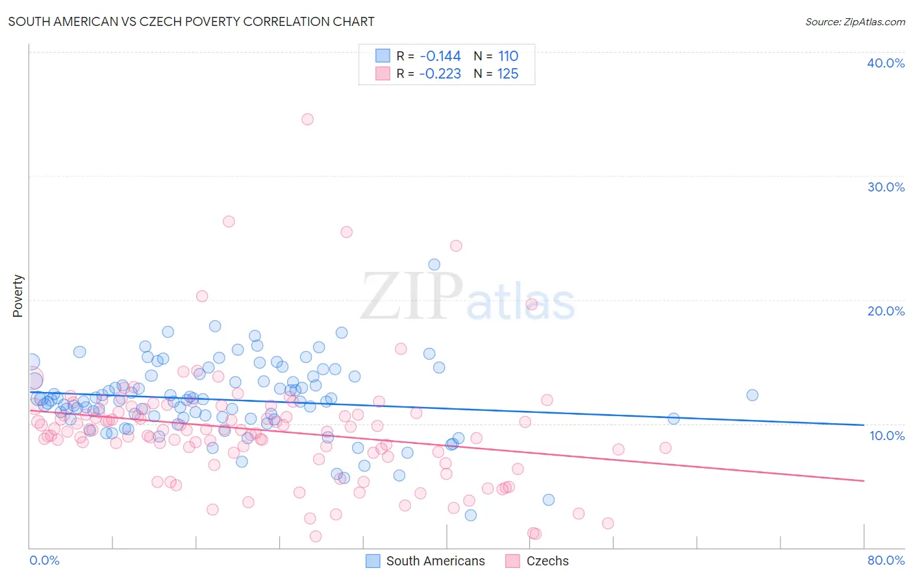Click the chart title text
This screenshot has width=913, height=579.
click(x=191, y=21)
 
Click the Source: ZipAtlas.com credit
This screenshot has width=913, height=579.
click(x=855, y=21)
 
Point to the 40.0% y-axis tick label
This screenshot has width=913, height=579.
click(x=886, y=63)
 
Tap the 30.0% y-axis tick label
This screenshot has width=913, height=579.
click(x=886, y=187)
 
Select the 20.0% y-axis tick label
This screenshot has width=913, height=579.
click(x=886, y=311)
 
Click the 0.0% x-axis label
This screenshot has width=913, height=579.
click(x=44, y=560)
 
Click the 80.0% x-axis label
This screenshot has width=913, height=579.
click(x=886, y=560)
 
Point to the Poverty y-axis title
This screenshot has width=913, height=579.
click(x=18, y=295)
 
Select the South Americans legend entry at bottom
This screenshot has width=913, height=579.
click(x=435, y=561)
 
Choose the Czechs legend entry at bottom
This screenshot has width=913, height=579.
click(x=547, y=561)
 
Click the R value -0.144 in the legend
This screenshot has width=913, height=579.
click(x=440, y=56)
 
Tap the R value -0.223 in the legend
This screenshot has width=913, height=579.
click(x=440, y=74)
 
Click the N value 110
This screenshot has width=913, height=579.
click(x=508, y=56)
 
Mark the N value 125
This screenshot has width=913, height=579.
click(x=508, y=74)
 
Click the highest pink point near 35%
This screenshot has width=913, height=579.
click(x=308, y=119)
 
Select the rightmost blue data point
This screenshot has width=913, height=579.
click(x=752, y=395)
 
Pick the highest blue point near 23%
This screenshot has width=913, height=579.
click(x=434, y=265)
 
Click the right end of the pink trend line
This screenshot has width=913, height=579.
click(x=864, y=480)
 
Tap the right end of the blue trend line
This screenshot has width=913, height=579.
click(x=864, y=425)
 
